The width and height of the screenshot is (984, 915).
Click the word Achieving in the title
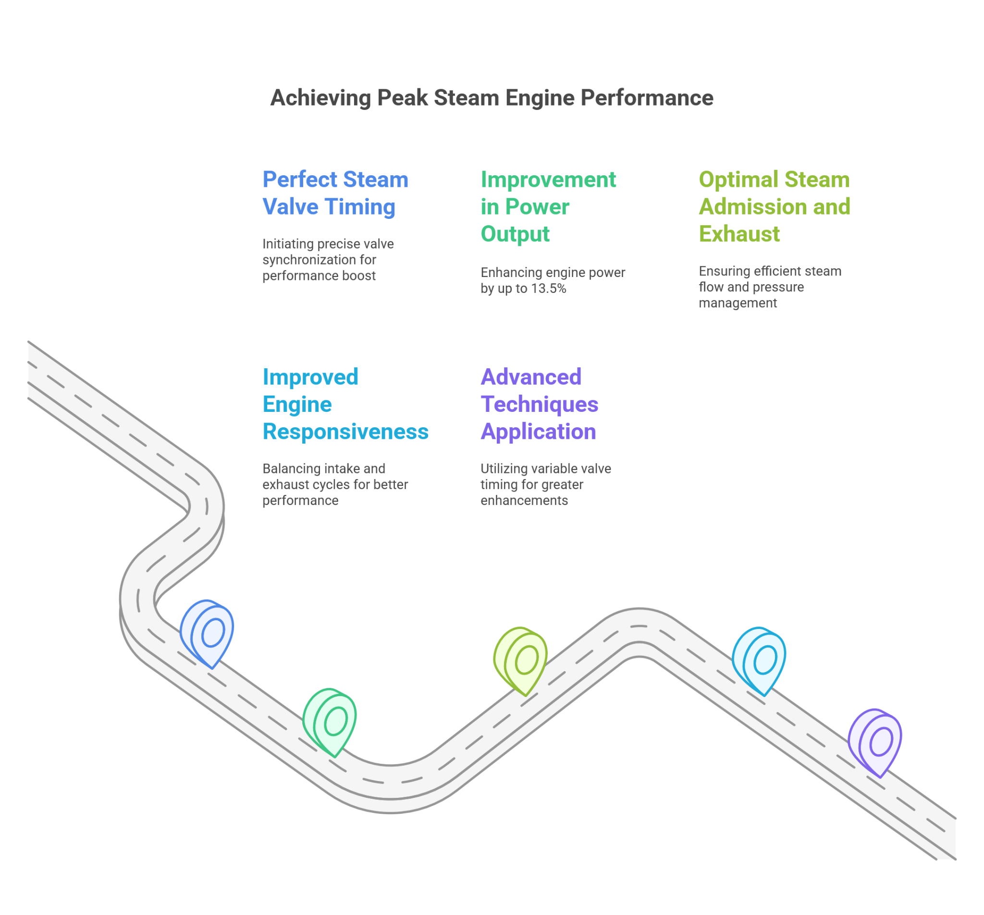[320, 98]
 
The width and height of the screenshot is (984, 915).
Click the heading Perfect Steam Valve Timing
[335, 193]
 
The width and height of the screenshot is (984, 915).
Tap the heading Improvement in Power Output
[548, 206]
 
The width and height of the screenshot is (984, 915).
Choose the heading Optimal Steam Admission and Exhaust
[774, 206]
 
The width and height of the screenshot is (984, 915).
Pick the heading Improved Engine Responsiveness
[345, 404]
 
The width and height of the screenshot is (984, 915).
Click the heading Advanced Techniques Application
[539, 404]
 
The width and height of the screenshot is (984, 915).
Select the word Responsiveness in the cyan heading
[345, 431]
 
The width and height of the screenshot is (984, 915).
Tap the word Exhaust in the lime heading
[739, 233]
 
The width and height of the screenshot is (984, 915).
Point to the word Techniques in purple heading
[539, 404]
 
